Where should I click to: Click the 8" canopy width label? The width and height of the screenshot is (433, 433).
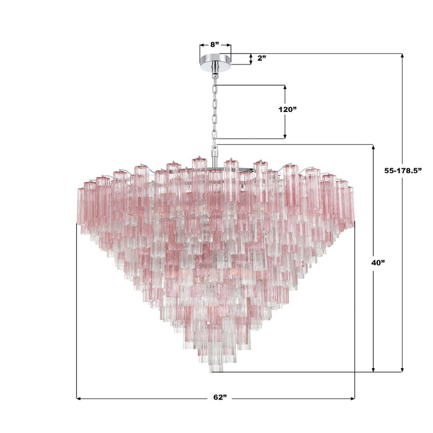(x=215, y=45)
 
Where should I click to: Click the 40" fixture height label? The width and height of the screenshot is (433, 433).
(x=379, y=262)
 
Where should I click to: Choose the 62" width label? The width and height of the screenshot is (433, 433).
(x=215, y=398)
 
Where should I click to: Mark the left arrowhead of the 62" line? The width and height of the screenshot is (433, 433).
(x=79, y=398)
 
